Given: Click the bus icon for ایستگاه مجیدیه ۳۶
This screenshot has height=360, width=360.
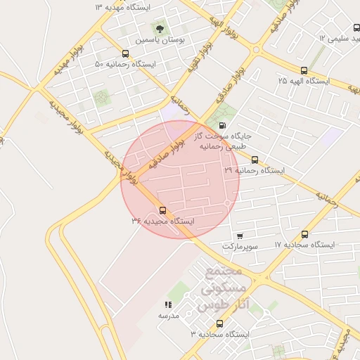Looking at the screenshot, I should coord(163,210).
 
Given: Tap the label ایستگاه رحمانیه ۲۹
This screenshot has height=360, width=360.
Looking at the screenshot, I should coord(257,170).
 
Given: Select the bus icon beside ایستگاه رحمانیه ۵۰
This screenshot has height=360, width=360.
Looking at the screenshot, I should coord(125,53).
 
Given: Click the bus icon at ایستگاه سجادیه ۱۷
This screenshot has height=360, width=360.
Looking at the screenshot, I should coord(304,234).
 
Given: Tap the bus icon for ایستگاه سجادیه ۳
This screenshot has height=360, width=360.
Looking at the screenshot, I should coord(220,324).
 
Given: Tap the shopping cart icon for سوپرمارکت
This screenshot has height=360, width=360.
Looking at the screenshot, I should coord(240,236).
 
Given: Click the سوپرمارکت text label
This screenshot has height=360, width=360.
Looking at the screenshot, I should coord(240,247).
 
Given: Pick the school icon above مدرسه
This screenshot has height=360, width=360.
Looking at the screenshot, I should coord(168,304).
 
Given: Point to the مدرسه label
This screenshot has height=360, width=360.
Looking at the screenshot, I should coord(168,316).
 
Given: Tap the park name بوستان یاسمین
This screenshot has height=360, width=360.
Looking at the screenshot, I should coord(162,41).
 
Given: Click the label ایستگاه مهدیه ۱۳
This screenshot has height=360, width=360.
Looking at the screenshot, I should coord(122,6).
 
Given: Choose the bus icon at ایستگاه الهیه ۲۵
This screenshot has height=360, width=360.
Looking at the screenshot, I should coord(304,70).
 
